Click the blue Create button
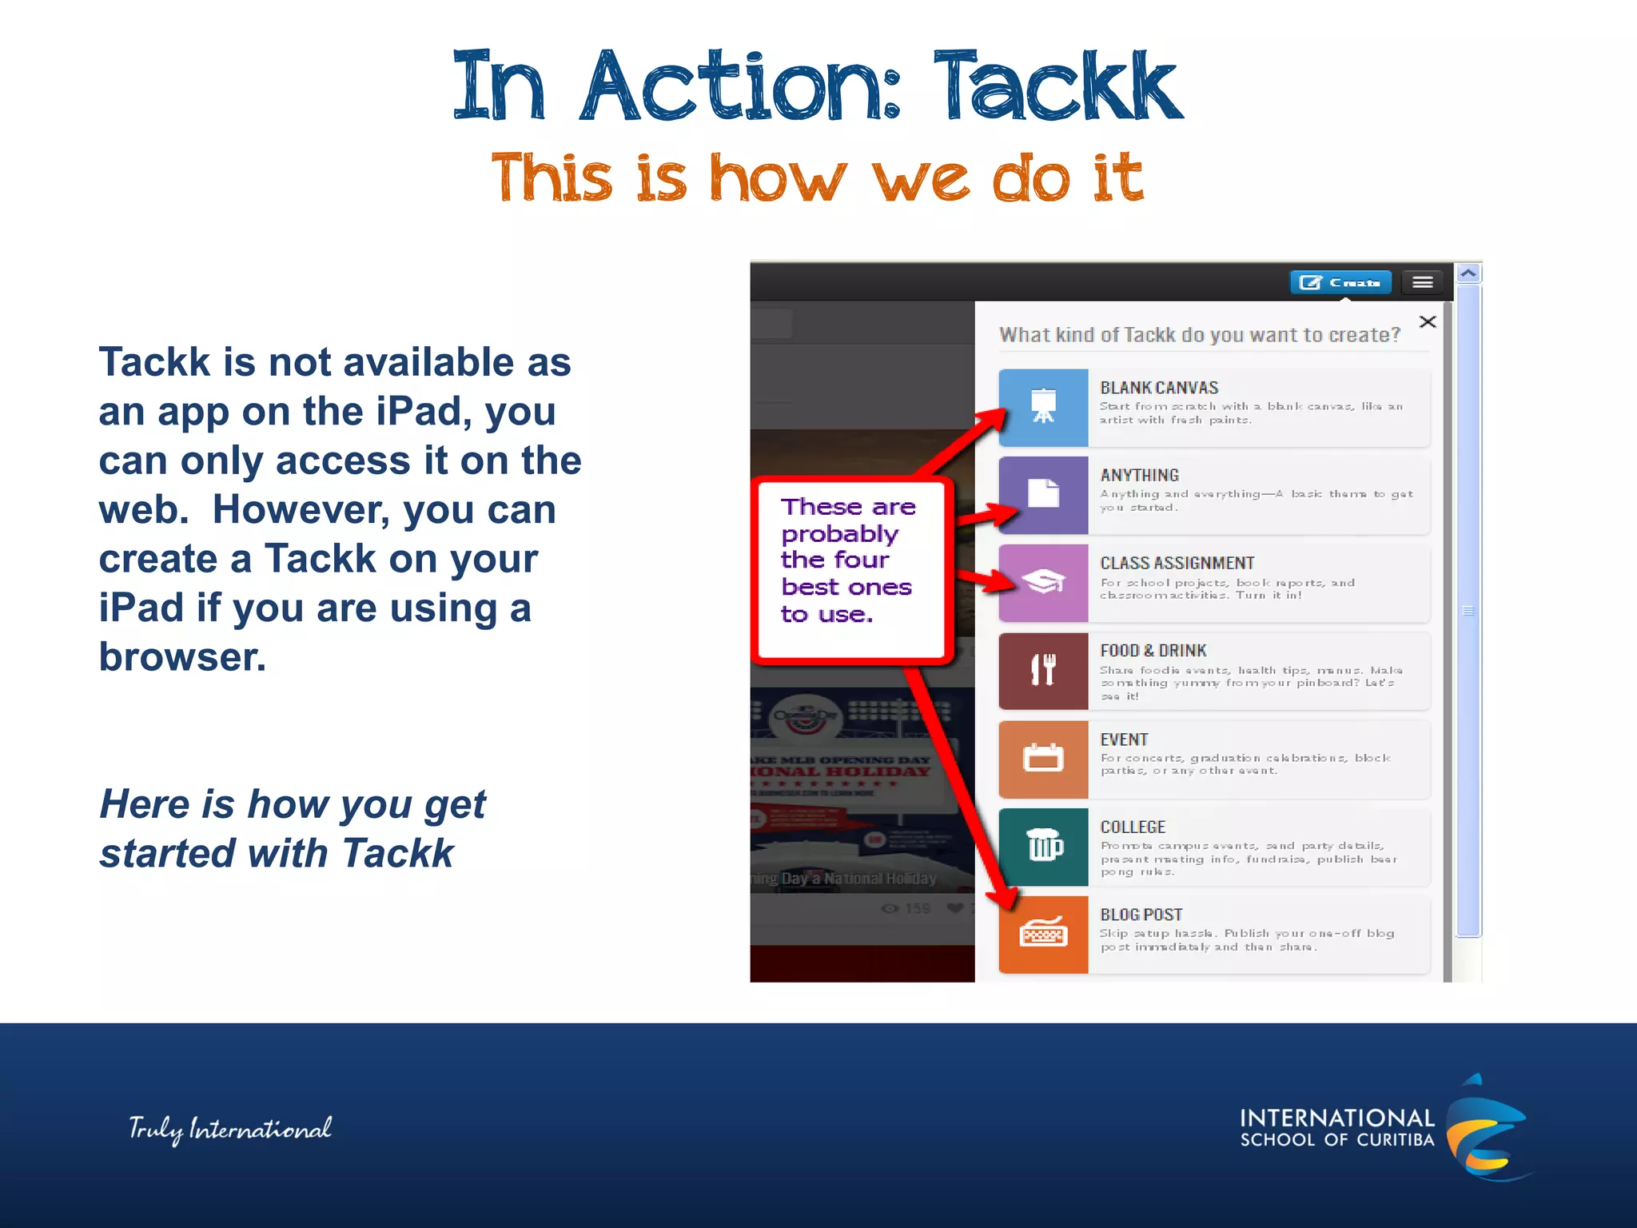point(1340,282)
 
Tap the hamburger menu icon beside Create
point(1422,282)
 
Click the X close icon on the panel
point(1428,321)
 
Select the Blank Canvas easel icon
point(1043,407)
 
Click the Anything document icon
point(1043,494)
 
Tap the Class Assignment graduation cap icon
point(1043,582)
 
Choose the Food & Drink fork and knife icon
point(1043,670)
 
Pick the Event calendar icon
point(1043,758)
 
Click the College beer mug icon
point(1043,846)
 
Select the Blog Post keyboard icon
point(1043,934)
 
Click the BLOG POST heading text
point(1141,915)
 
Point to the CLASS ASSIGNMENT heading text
point(1177,563)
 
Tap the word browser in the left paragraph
point(182,657)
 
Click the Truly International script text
point(230,1129)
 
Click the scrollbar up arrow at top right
point(1468,273)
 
